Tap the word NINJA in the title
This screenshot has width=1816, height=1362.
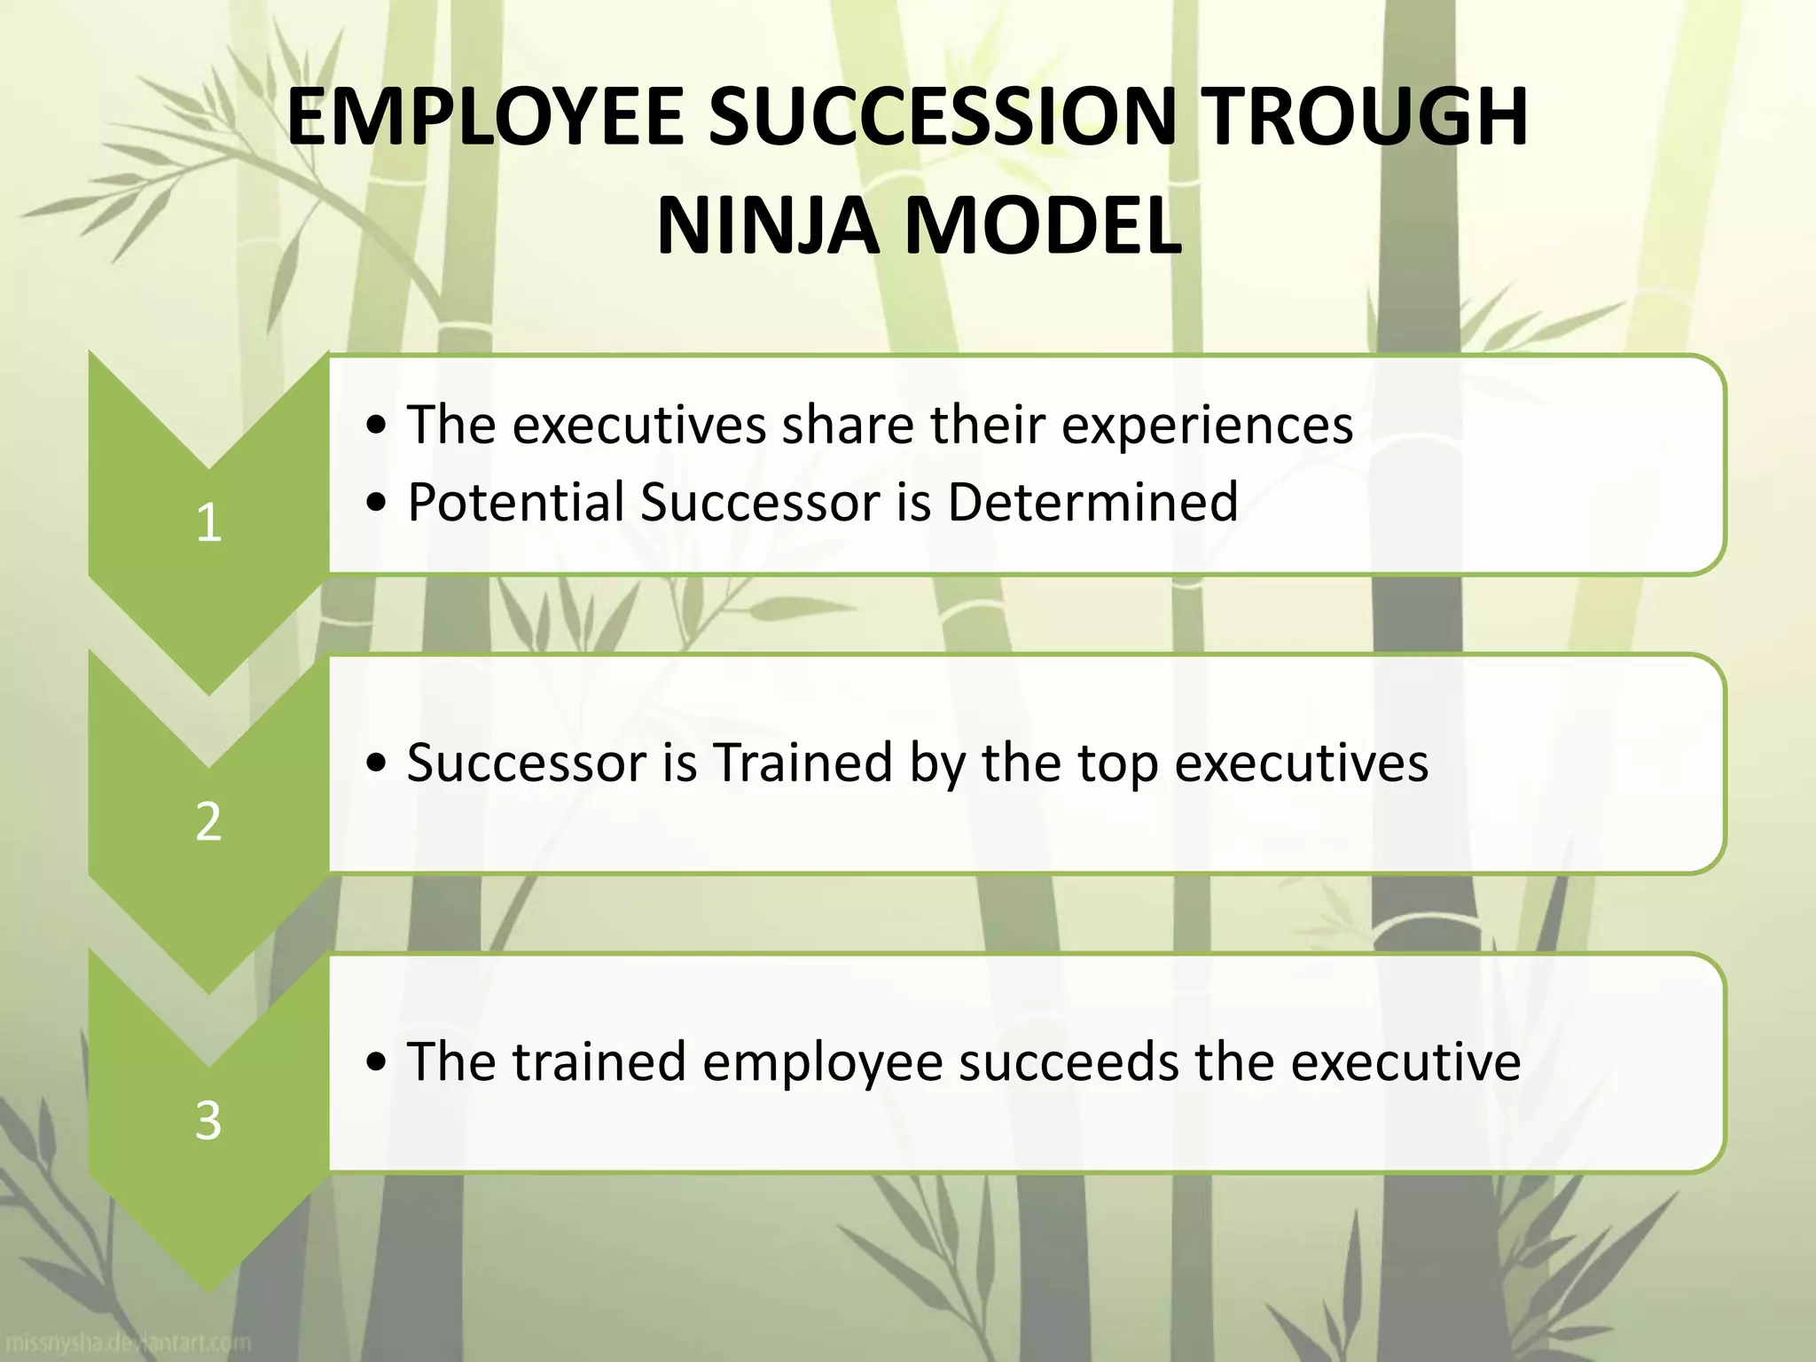(x=764, y=226)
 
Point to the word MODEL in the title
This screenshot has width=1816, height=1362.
(x=1041, y=226)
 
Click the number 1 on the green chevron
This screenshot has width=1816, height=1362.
(x=208, y=522)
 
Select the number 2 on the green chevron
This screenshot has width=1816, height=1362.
(x=208, y=821)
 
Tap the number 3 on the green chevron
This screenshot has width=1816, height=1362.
(x=208, y=1121)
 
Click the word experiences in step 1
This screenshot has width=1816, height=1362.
(x=1207, y=426)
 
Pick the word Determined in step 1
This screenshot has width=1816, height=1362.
(x=1092, y=502)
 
